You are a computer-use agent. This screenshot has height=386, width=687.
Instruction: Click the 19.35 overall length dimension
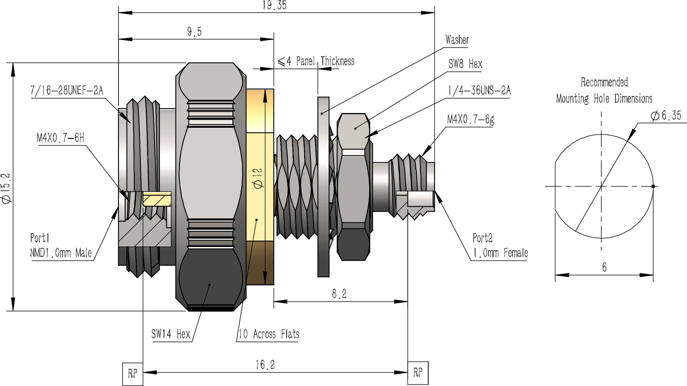[274, 5]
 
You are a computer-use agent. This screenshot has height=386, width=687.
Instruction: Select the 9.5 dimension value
[194, 32]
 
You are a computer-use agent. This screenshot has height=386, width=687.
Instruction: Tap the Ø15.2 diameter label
[6, 189]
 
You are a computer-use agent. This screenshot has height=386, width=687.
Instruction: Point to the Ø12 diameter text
[258, 178]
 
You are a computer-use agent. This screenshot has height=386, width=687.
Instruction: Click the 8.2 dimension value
[339, 294]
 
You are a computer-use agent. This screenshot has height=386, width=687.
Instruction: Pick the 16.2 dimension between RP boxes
[265, 365]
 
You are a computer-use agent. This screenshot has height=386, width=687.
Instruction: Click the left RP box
[133, 374]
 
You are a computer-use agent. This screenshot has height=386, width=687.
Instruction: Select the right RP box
[418, 373]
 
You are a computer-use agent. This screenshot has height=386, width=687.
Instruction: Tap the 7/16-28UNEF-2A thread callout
[67, 90]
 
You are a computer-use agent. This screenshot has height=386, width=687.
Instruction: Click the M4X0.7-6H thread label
[60, 137]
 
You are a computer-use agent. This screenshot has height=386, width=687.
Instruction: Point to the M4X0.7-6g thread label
[471, 119]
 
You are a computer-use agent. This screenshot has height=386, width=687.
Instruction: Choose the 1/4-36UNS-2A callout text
[479, 90]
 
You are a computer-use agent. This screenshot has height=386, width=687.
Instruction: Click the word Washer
[457, 40]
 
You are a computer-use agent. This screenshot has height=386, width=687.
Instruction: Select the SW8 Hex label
[465, 64]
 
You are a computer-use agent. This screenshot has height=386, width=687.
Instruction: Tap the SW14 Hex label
[171, 334]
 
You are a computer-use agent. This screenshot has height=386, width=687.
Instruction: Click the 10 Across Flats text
[269, 334]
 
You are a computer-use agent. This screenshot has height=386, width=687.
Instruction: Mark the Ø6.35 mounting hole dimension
[665, 116]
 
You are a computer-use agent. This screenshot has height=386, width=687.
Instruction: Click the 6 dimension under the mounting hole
[604, 267]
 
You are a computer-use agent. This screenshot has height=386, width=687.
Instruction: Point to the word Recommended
[604, 82]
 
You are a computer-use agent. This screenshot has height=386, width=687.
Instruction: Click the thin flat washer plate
[323, 187]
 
